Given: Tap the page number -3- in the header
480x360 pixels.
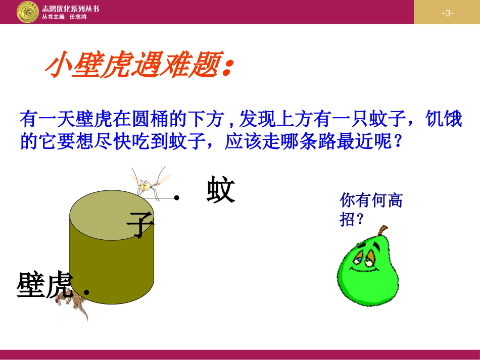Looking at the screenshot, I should tap(447, 13).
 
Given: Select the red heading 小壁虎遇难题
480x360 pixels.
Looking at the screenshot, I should tap(139, 66).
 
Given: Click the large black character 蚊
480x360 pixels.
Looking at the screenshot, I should tap(221, 190).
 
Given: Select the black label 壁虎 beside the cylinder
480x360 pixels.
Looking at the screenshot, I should tap(45, 285).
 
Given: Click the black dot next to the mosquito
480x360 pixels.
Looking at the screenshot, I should tap(176, 198).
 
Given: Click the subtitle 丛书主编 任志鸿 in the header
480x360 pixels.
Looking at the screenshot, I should tap(64, 17).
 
